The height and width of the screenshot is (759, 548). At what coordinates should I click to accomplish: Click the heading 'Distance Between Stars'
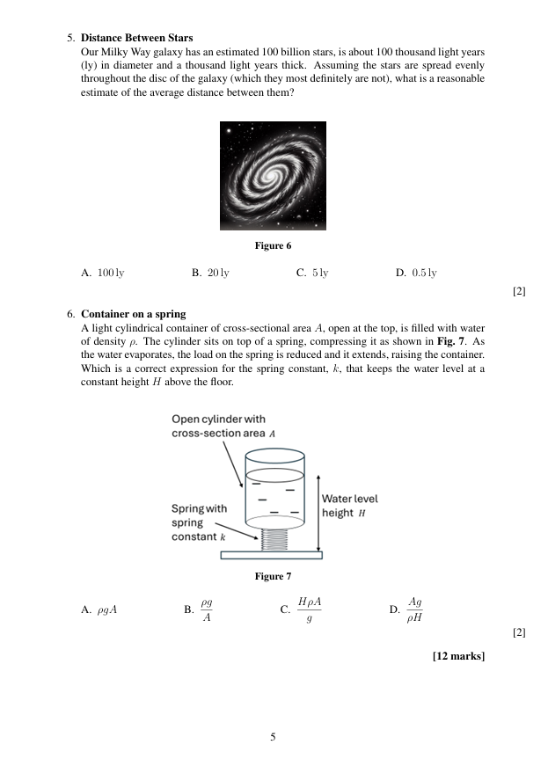pyautogui.click(x=136, y=38)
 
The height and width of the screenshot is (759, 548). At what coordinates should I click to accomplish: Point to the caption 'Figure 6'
pyautogui.click(x=273, y=245)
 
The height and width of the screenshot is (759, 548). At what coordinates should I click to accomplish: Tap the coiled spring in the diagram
pyautogui.click(x=274, y=539)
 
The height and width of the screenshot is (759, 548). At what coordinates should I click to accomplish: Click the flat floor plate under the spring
pyautogui.click(x=272, y=555)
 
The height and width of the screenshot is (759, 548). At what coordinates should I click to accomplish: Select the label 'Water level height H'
pyautogui.click(x=349, y=506)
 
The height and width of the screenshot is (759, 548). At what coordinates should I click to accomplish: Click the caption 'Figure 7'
pyautogui.click(x=273, y=576)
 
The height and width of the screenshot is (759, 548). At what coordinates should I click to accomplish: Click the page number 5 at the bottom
pyautogui.click(x=273, y=737)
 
